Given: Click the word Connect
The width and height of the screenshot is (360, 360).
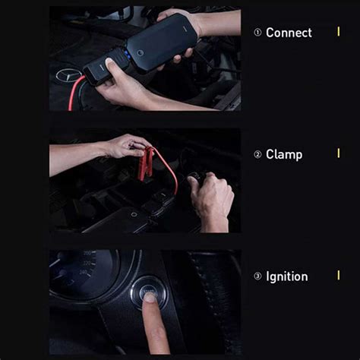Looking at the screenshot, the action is click(x=289, y=33).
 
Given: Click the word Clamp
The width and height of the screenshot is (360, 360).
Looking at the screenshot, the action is click(x=284, y=154).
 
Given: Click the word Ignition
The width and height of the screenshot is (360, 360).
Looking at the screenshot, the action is click(x=287, y=276).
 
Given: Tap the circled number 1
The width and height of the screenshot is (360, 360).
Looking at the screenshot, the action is click(x=257, y=33).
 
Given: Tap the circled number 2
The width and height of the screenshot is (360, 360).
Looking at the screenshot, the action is click(x=257, y=154).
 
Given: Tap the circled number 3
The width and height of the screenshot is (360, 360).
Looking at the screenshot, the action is click(x=257, y=276).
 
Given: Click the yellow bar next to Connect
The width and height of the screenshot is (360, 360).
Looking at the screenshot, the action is click(x=339, y=32).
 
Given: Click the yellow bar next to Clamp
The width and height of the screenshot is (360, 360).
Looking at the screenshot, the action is click(x=339, y=153).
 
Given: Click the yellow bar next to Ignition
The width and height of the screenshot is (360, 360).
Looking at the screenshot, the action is click(x=339, y=275).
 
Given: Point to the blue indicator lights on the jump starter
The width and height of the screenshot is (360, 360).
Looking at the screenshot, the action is click(x=126, y=55).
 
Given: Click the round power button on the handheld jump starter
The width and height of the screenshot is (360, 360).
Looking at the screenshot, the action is click(x=140, y=53).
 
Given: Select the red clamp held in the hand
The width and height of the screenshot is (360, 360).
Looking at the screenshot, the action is click(x=146, y=165).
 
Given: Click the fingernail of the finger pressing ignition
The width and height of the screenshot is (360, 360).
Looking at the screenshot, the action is click(x=150, y=297).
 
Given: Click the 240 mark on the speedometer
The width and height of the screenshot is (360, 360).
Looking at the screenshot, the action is click(x=83, y=273).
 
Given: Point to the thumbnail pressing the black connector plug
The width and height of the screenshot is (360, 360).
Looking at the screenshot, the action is click(x=109, y=62).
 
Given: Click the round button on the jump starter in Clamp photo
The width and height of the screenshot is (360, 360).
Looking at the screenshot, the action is click(x=134, y=214).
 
